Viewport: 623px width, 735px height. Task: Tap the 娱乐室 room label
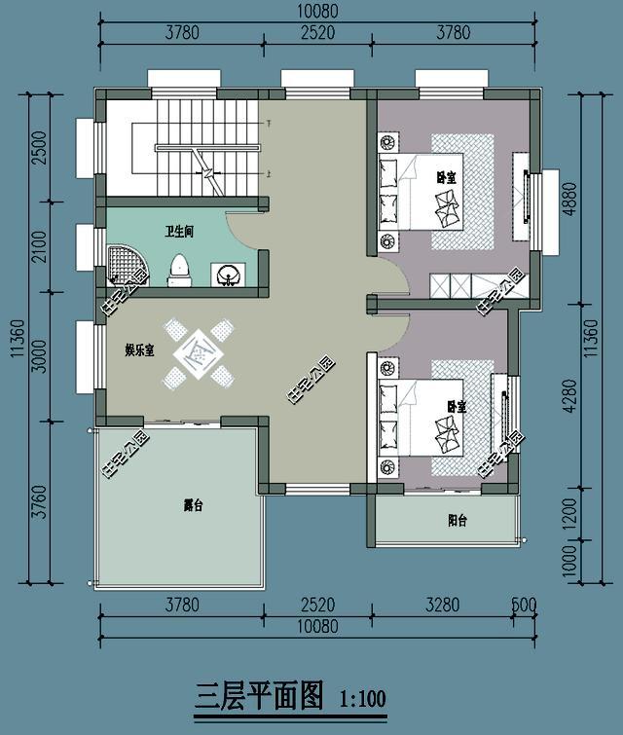coord(139,350)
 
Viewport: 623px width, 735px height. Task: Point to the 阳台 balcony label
coord(458,521)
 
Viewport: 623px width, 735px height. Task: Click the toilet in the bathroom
coord(179,268)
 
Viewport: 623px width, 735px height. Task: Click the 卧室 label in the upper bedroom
coord(447,177)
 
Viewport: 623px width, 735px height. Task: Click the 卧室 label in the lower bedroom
coord(456,405)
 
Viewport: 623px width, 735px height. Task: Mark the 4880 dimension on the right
coord(570,202)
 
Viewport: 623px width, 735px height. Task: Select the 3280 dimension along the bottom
coord(443,605)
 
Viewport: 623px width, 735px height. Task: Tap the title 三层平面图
coord(259,695)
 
